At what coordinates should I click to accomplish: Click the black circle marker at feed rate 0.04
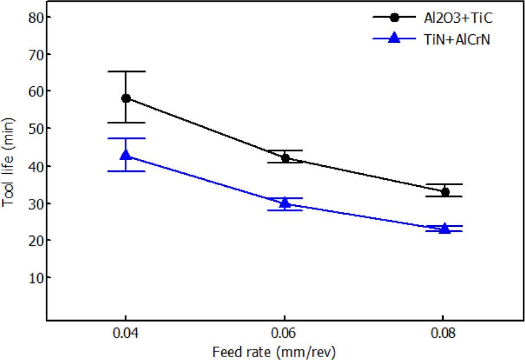click(x=126, y=98)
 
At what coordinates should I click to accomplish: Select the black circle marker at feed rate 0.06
click(x=284, y=158)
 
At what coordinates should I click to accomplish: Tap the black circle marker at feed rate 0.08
click(x=443, y=191)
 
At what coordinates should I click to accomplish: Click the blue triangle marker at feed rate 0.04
click(x=126, y=155)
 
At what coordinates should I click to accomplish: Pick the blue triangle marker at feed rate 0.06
click(x=284, y=203)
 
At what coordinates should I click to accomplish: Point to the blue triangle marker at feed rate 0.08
click(x=443, y=228)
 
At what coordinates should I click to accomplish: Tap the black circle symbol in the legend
click(x=394, y=17)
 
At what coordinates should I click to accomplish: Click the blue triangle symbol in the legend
click(x=394, y=38)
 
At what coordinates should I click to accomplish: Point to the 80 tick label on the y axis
click(x=36, y=17)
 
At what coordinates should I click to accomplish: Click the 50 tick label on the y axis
click(x=36, y=129)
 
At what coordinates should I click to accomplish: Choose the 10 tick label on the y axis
click(x=36, y=278)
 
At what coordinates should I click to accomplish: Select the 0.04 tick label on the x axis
click(x=126, y=333)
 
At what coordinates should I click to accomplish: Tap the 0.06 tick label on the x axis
click(x=284, y=333)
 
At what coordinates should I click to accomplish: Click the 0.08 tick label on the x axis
click(x=443, y=333)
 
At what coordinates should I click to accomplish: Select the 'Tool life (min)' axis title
click(x=9, y=166)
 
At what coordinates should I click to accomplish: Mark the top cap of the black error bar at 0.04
click(x=126, y=71)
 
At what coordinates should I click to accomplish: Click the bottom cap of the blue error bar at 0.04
click(x=126, y=171)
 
